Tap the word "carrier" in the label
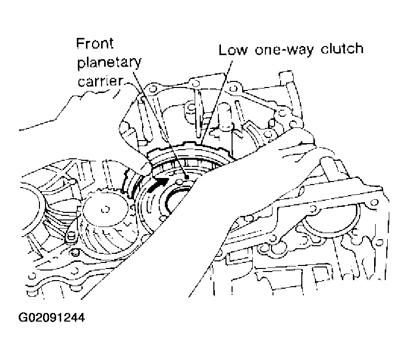point(99,82)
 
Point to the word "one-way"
point(283,50)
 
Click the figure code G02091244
point(51,319)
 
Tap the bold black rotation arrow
point(161,183)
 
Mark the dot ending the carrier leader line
point(187,176)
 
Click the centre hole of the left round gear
point(106,208)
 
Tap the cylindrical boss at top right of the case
point(286,81)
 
